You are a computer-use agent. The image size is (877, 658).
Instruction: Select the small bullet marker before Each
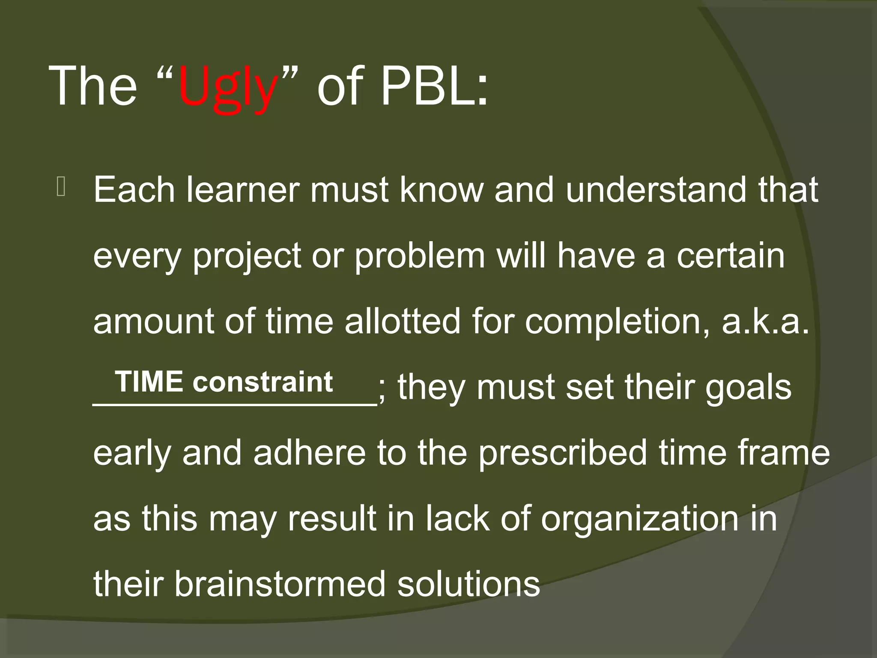click(x=60, y=188)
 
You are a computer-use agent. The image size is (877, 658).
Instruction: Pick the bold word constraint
click(x=262, y=382)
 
